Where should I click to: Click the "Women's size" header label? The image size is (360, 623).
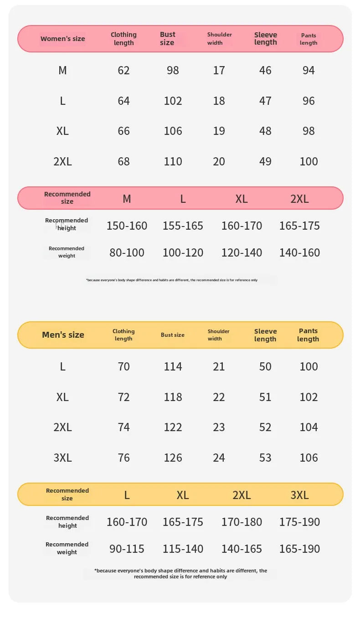[62, 39]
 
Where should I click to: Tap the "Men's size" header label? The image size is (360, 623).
[63, 335]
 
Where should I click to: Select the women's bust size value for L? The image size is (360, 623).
[173, 101]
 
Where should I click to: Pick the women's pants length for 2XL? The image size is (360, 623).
[309, 161]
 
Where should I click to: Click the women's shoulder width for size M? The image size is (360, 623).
[219, 70]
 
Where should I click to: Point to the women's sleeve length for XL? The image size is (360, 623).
[265, 131]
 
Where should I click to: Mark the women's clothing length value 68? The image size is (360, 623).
[123, 161]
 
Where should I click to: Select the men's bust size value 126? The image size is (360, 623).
[173, 458]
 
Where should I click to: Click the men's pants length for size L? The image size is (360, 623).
[309, 366]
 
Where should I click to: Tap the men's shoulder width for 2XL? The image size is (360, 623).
[219, 427]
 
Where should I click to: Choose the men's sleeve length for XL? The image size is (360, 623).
[265, 397]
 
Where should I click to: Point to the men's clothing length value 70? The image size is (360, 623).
[123, 366]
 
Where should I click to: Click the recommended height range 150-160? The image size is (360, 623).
[127, 226]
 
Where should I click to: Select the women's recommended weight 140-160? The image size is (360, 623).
[299, 252]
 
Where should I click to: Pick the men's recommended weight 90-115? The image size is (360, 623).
[127, 549]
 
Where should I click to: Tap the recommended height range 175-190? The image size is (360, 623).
[299, 522]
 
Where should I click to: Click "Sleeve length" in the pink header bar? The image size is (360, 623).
[265, 39]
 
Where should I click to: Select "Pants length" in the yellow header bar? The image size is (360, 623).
[309, 335]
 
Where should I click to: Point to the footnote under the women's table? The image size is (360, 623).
[172, 280]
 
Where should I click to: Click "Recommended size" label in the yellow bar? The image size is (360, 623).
[67, 494]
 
